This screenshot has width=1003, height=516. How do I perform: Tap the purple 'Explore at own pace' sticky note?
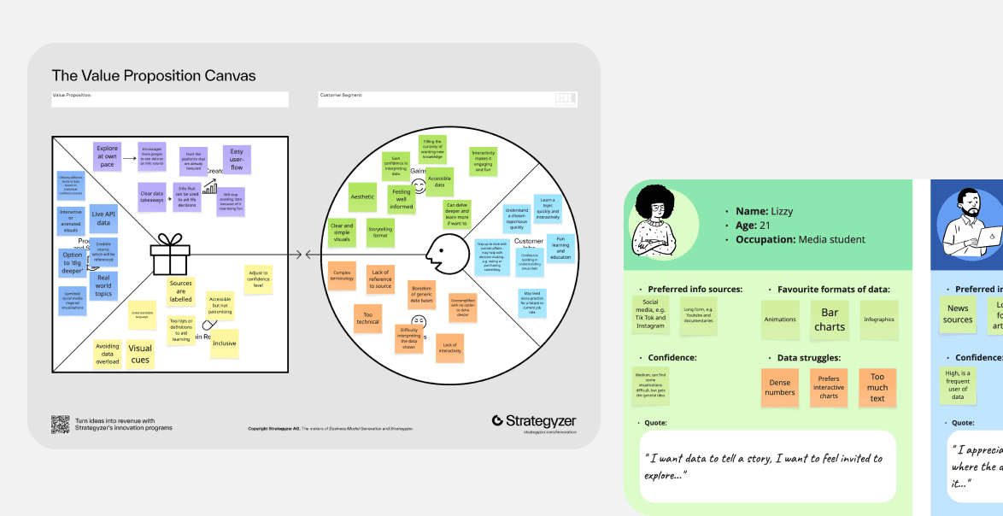click(x=108, y=156)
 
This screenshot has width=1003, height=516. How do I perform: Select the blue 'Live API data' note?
click(x=103, y=217)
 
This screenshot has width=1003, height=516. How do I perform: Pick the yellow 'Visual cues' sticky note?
click(x=140, y=354)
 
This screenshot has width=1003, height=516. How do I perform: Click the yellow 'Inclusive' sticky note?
click(x=224, y=343)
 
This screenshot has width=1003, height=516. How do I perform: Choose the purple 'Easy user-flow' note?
click(x=237, y=160)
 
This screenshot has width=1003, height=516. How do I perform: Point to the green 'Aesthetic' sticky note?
click(x=362, y=196)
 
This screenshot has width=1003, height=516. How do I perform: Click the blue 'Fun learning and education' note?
click(x=560, y=248)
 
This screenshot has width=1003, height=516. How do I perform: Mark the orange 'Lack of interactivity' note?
click(x=449, y=347)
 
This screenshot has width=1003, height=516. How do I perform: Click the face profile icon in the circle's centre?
click(x=444, y=254)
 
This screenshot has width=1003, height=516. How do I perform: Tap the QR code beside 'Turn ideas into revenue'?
click(x=60, y=425)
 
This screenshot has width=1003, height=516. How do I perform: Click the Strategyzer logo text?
click(x=534, y=421)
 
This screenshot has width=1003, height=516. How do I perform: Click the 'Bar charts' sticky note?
click(x=829, y=320)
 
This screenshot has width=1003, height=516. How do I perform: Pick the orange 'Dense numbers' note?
click(x=779, y=387)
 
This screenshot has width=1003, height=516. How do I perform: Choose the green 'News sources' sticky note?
click(x=958, y=314)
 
